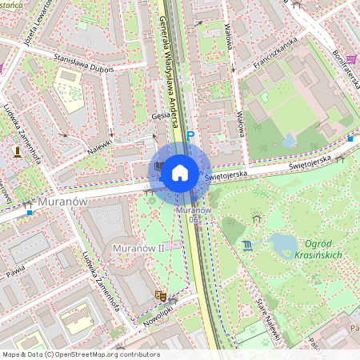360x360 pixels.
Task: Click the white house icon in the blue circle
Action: coord(180,171)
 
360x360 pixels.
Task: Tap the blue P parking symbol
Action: coord(190,137)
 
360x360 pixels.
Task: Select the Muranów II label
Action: coord(138,248)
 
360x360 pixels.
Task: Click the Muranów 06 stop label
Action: coord(194,214)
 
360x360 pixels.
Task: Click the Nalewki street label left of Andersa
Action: coord(101,144)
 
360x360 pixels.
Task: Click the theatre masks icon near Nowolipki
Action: coord(159,296)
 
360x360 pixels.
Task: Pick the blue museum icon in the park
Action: coord(247,245)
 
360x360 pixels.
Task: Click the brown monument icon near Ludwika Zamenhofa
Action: coord(17,150)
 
